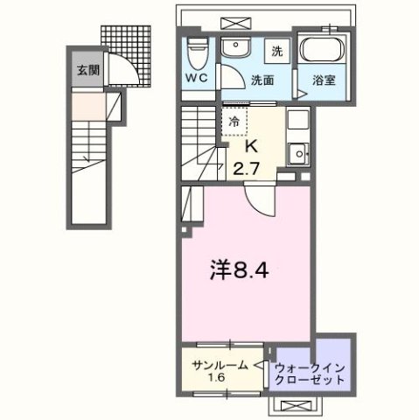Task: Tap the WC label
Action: (196, 76)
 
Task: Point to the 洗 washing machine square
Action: (275, 51)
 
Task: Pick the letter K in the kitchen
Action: (249, 146)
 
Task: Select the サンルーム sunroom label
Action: (221, 366)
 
